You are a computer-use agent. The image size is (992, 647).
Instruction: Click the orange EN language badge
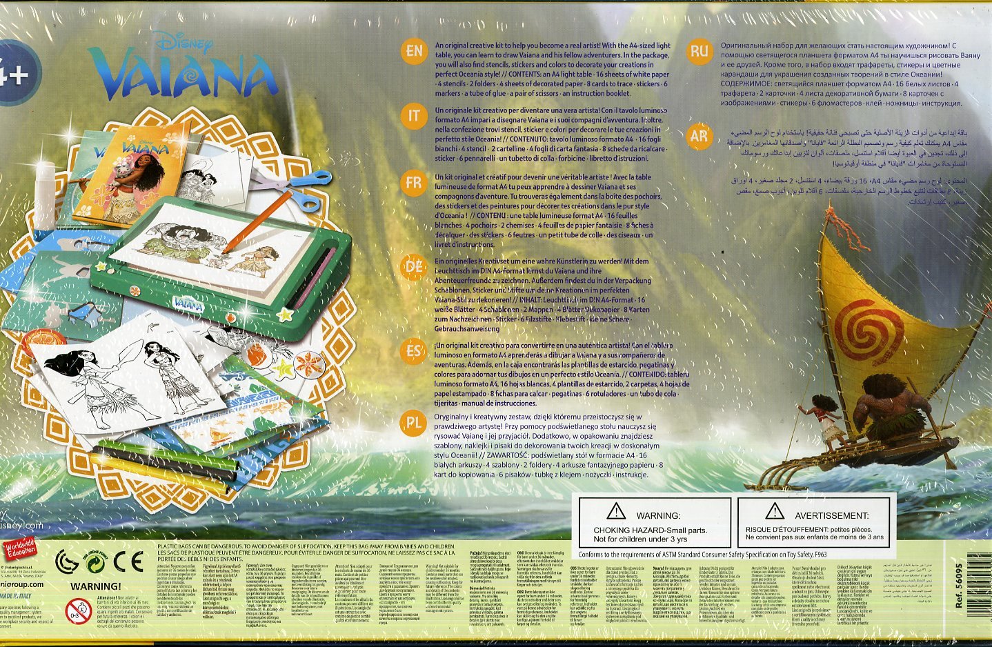coord(414,51)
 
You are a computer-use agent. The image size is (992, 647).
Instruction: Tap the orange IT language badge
coord(414,116)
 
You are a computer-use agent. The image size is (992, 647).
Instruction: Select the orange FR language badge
coord(414,183)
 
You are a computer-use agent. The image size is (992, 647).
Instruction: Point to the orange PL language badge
coord(413,423)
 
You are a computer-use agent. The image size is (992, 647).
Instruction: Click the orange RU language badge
coord(699,51)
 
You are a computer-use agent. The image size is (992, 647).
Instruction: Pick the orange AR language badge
coord(699,136)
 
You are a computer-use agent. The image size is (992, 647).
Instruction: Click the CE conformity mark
coord(128,561)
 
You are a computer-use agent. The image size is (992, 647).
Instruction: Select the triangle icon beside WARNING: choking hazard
coord(615,511)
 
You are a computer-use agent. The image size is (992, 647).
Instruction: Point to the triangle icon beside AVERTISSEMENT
coord(775,511)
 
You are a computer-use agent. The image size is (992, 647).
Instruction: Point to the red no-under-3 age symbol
coord(78,610)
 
